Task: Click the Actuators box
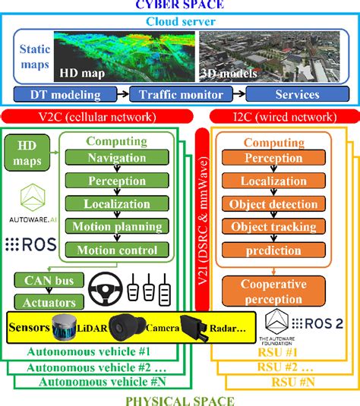pyautogui.click(x=43, y=302)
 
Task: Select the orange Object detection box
pyautogui.click(x=273, y=205)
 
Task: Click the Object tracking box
pyautogui.click(x=273, y=228)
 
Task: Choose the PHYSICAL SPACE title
pyautogui.click(x=180, y=399)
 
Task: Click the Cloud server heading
pyautogui.click(x=180, y=21)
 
